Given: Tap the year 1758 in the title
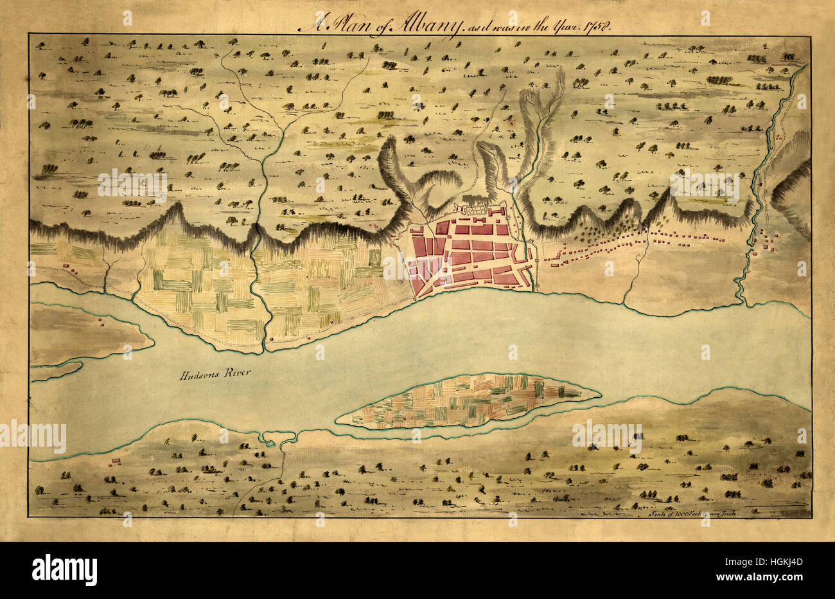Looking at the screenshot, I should click(598, 25).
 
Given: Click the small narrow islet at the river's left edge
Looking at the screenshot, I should click(57, 371).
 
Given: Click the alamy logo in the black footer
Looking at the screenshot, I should click(64, 569).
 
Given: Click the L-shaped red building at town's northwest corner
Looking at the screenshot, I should click(416, 231).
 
